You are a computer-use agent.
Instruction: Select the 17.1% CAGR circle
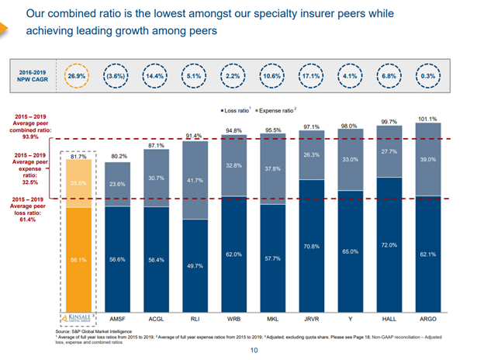click(x=311, y=78)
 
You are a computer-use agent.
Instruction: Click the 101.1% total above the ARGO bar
click(x=426, y=119)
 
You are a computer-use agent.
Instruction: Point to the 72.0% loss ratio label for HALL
click(x=388, y=245)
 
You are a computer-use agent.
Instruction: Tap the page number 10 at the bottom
click(x=253, y=351)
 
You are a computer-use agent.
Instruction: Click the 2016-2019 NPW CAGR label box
click(x=33, y=78)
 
